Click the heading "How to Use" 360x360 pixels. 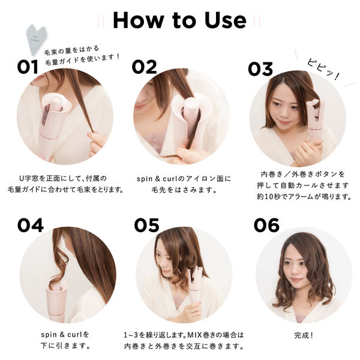point(179,20)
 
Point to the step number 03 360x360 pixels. point(260,68)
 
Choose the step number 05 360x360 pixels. point(146,226)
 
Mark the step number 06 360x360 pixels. point(266,226)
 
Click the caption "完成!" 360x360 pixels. point(304,333)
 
